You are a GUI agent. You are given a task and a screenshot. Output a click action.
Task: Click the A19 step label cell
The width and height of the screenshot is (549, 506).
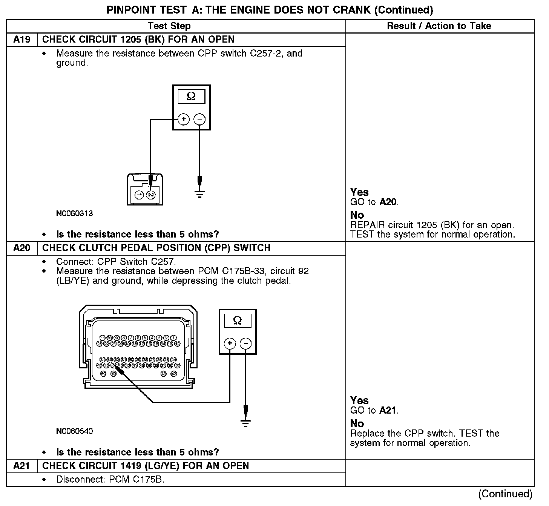click(21, 40)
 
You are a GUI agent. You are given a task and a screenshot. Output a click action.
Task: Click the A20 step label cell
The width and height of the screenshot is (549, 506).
click(21, 248)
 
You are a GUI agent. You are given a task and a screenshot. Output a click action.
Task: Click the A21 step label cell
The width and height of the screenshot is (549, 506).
click(21, 466)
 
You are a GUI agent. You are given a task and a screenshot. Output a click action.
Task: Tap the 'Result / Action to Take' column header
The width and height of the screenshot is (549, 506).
click(439, 26)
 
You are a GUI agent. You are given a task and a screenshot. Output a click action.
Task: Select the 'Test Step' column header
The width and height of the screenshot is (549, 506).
click(169, 26)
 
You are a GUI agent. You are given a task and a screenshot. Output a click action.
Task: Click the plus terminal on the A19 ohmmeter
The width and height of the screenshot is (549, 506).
click(184, 120)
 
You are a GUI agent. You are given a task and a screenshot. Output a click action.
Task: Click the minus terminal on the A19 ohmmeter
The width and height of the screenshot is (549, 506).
click(199, 120)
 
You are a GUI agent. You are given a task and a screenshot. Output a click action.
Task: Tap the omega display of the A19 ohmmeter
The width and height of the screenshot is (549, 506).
click(191, 97)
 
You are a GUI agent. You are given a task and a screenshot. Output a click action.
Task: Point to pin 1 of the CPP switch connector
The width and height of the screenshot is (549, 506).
click(139, 195)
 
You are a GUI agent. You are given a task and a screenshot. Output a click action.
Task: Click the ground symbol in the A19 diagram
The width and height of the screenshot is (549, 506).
click(200, 194)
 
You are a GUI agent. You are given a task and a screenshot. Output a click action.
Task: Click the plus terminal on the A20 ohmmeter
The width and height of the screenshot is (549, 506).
click(230, 343)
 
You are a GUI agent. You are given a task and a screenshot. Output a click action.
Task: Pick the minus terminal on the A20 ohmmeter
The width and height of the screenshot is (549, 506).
click(246, 343)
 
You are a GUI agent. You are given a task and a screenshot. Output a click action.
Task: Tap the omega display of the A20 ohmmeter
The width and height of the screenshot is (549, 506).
click(238, 321)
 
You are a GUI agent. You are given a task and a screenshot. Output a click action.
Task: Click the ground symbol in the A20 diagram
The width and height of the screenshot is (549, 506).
click(246, 423)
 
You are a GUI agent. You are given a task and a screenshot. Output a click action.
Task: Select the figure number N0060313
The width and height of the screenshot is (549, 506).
click(74, 213)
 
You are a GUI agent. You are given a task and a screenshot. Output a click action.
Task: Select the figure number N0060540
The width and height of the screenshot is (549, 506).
click(74, 431)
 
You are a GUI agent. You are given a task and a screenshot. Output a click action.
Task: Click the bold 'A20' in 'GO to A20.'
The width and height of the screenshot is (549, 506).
click(388, 202)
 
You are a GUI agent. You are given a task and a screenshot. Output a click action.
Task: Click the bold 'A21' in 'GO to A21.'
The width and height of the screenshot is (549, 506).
click(388, 411)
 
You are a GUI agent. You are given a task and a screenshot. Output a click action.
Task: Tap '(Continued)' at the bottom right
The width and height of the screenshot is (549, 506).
click(505, 494)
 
